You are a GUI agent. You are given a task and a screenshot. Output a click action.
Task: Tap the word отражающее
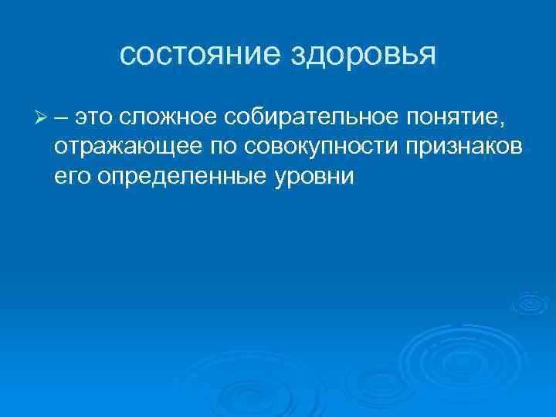coord(126,147)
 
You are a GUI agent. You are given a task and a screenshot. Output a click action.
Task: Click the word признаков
coord(459,147)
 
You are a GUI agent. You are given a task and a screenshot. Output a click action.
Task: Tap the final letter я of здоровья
coord(429,56)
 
